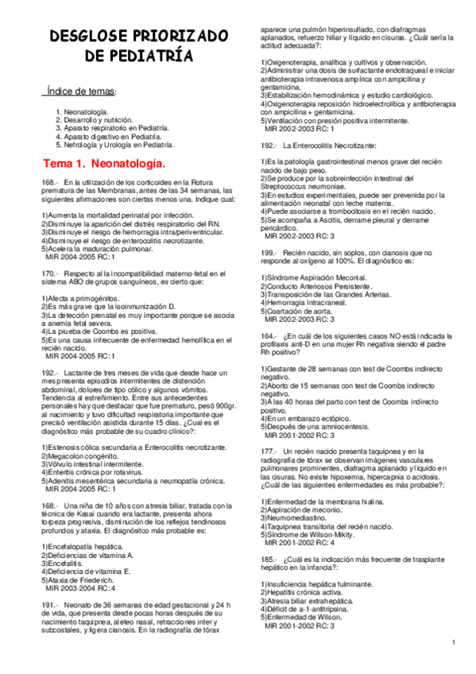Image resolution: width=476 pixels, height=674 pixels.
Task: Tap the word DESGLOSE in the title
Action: (x=88, y=37)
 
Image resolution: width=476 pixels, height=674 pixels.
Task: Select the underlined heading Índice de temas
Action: (x=81, y=92)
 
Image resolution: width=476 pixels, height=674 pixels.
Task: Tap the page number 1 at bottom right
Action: (x=452, y=642)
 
